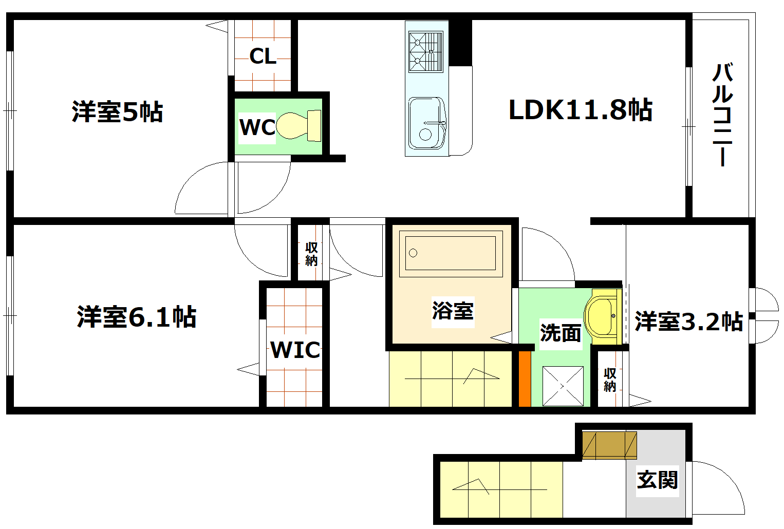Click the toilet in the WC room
coord(299,125)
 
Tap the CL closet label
coord(263,56)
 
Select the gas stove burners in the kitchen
coord(425,51)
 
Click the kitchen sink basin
coord(426,123)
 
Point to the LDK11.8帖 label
coord(580,110)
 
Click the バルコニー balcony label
coord(722,114)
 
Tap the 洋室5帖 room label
coord(117,112)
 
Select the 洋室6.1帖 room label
coord(137,317)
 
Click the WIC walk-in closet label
coord(295,350)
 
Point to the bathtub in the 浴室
coord(450,253)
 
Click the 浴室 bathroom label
coord(453,311)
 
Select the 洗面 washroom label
coord(561,333)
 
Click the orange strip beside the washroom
coord(525,379)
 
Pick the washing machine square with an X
coord(563,386)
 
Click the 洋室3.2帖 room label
coord(689,322)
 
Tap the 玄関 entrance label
coord(658,480)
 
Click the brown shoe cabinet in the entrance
coord(609,445)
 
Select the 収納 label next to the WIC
coord(311,254)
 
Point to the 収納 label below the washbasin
coord(610,380)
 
